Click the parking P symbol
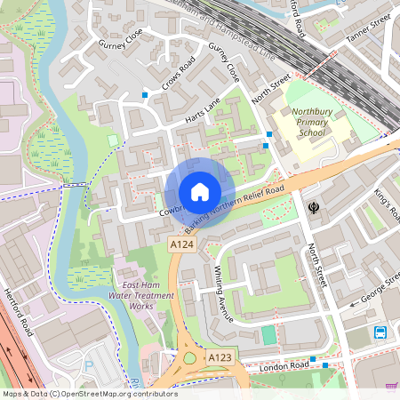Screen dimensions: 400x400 (x=88, y=364)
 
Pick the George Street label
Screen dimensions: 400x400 (x=373, y=290)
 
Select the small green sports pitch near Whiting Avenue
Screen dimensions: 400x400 (x=268, y=335)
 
